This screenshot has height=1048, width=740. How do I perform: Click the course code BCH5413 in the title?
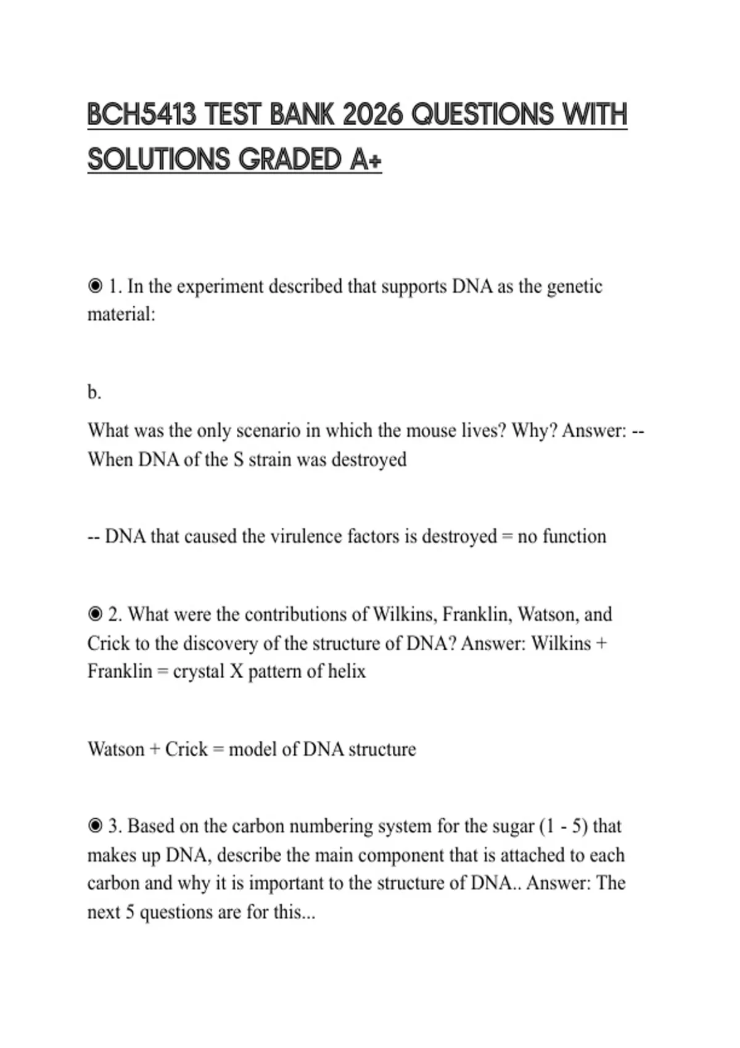142,115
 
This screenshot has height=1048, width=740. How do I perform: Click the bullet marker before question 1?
95,287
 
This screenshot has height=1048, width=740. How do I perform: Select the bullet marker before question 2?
95,615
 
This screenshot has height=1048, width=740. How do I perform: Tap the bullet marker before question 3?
95,826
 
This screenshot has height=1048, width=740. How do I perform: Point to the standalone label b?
94,392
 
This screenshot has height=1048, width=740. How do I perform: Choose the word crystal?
199,671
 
